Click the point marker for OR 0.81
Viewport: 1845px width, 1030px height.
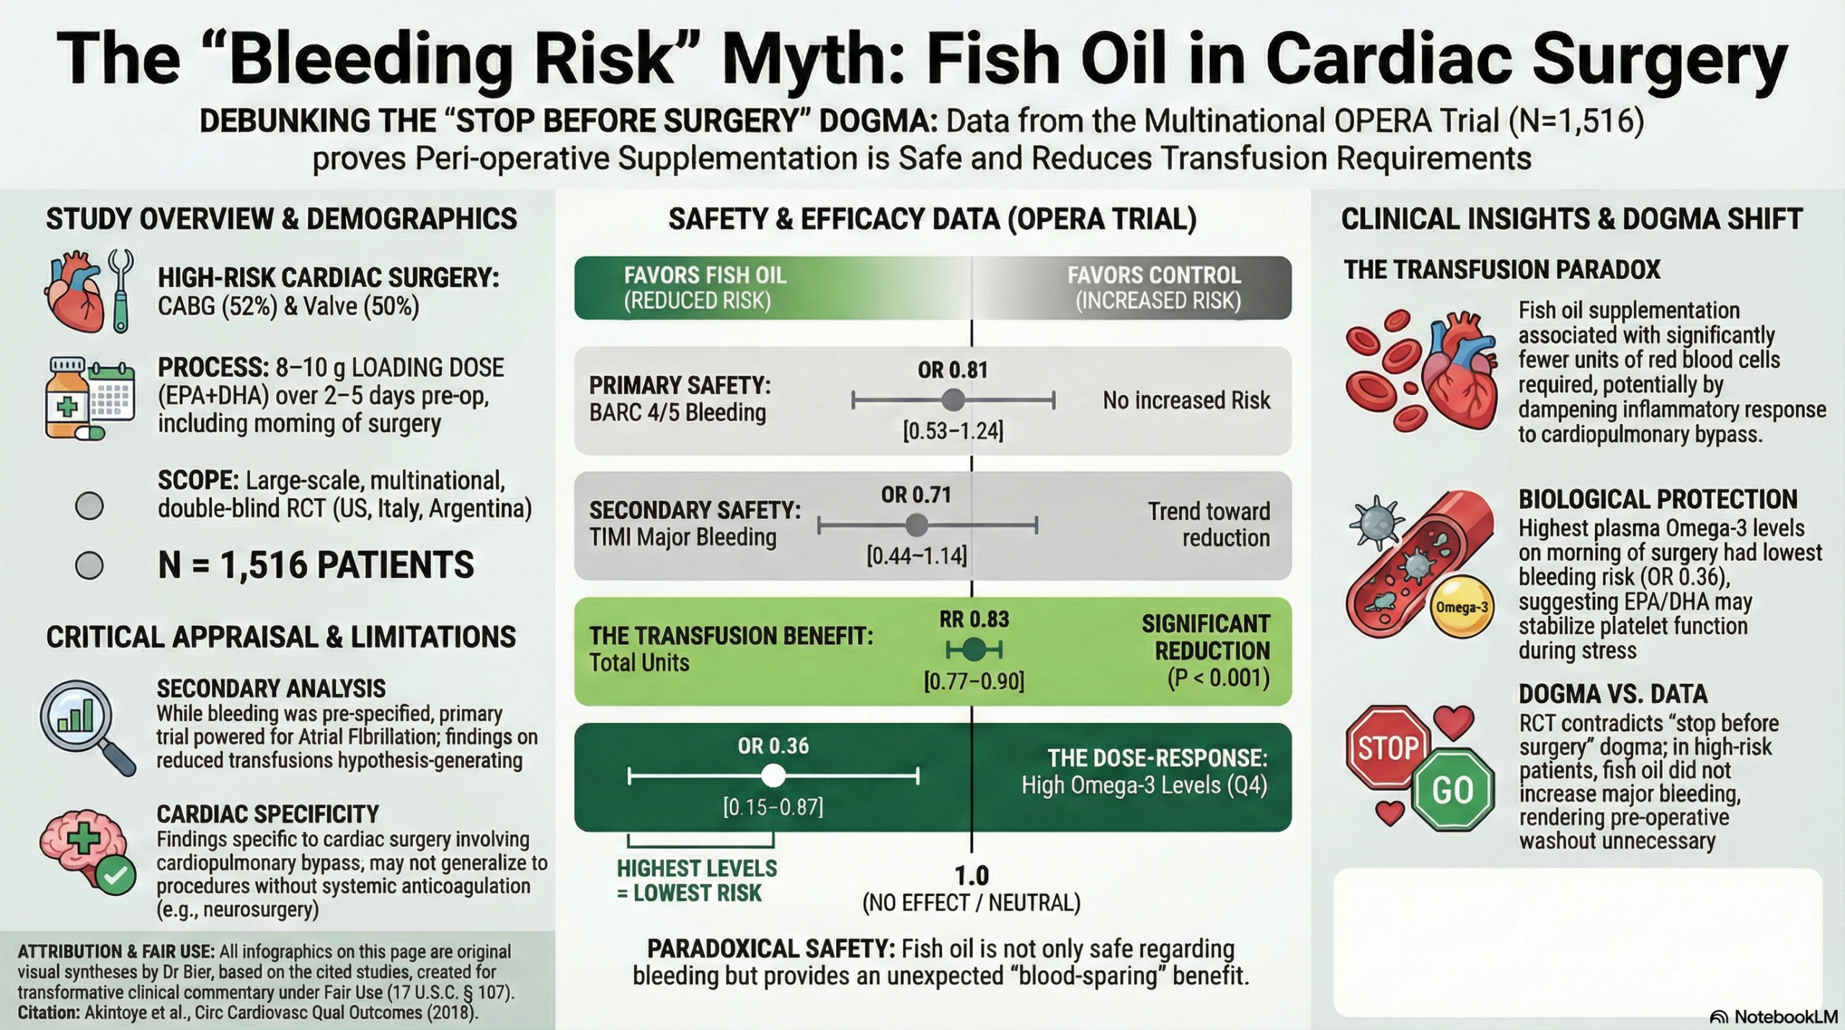click(x=953, y=399)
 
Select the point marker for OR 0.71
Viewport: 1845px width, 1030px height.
click(x=916, y=525)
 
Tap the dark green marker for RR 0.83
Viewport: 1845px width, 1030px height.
click(x=974, y=650)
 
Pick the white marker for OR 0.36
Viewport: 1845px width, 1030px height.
click(x=773, y=776)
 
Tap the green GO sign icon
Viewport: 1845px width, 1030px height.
click(x=1452, y=790)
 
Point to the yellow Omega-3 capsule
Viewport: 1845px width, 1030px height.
click(x=1462, y=607)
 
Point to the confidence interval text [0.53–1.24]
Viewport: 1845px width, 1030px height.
click(x=953, y=431)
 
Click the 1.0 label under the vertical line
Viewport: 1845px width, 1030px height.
click(x=972, y=876)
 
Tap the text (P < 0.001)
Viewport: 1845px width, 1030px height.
click(x=1218, y=678)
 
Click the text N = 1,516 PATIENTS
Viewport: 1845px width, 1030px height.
click(x=316, y=565)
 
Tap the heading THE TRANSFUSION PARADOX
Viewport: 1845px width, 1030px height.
click(x=1501, y=270)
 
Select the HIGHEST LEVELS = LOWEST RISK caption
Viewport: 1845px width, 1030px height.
click(x=696, y=881)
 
